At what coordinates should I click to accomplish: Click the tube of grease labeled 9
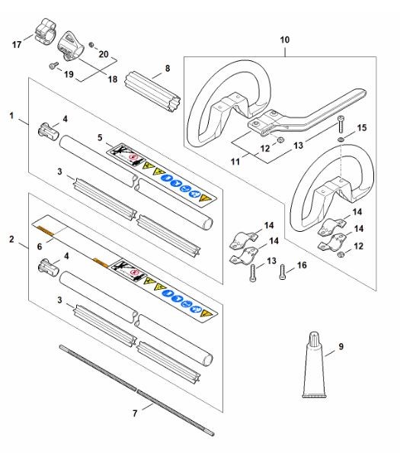click(x=314, y=365)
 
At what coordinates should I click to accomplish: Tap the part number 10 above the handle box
click(x=284, y=40)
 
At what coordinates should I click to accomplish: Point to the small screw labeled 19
click(x=53, y=66)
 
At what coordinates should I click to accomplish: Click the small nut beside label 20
click(x=91, y=45)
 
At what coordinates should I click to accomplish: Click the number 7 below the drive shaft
click(x=135, y=413)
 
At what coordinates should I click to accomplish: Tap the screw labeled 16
click(x=282, y=272)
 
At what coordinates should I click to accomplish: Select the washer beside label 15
click(x=341, y=140)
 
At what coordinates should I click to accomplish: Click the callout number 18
click(x=113, y=79)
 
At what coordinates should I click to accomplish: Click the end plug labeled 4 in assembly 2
click(x=49, y=266)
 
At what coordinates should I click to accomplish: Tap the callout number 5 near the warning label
click(x=100, y=137)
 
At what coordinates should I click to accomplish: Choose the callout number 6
click(x=40, y=246)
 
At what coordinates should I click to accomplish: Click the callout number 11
click(x=235, y=161)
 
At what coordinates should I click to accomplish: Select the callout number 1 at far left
click(x=11, y=116)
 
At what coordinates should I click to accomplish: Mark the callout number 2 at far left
click(x=11, y=239)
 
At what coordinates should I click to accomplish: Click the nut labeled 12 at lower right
click(x=341, y=254)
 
